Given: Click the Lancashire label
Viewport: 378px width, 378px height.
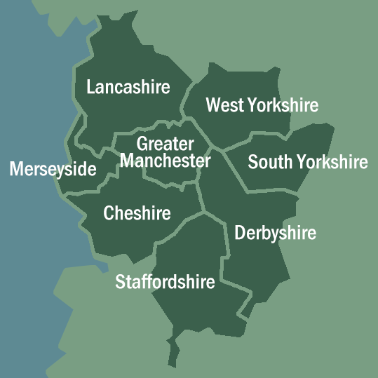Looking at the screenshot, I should click(128, 87).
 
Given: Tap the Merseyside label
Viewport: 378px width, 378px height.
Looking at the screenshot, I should click(53, 170).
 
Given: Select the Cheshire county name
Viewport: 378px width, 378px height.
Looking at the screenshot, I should click(137, 213).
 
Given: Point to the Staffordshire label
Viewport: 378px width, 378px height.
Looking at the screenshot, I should click(165, 283).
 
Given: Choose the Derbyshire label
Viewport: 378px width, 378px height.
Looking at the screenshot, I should click(275, 233).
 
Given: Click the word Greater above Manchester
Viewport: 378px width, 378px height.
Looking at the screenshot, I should click(165, 144).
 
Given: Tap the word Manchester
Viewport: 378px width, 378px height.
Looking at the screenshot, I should click(165, 161).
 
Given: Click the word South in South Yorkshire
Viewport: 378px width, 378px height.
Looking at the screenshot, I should click(270, 163).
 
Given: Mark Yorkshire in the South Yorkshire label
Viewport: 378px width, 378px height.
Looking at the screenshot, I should click(332, 163).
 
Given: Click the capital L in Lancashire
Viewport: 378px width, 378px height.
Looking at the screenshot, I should click(90, 87).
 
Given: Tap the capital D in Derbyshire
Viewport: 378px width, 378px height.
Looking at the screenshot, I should click(240, 233).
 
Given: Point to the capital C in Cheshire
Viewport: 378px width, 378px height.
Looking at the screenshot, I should click(109, 213).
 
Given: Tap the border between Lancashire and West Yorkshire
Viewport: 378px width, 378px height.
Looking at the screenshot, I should click(187, 105).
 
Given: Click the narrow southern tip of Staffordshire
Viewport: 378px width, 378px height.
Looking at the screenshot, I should click(173, 358).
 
